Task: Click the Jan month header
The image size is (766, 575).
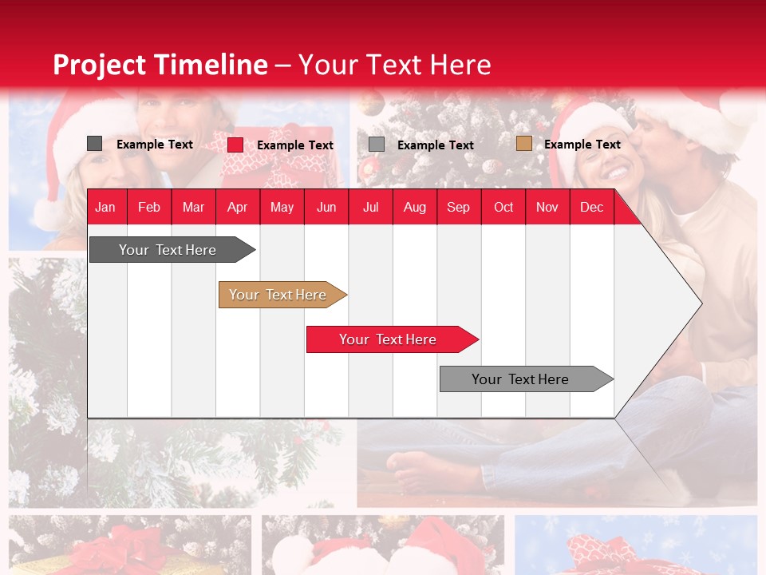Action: click(105, 207)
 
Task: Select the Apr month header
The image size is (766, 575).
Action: click(238, 207)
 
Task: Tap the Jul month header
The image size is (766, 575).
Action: click(370, 207)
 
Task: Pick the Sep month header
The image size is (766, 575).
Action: click(458, 207)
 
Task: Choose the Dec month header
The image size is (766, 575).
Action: click(591, 207)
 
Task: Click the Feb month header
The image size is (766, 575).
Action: click(149, 207)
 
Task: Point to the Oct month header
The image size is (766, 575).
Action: click(503, 207)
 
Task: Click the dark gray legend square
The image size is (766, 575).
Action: click(94, 144)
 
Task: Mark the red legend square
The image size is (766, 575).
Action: click(235, 145)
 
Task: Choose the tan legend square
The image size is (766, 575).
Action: click(523, 144)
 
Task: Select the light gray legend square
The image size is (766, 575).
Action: click(377, 145)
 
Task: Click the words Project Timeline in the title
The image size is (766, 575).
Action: click(160, 65)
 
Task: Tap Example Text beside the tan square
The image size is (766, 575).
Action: click(582, 145)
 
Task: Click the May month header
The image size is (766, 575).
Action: click(282, 207)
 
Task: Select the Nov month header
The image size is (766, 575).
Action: click(547, 207)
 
